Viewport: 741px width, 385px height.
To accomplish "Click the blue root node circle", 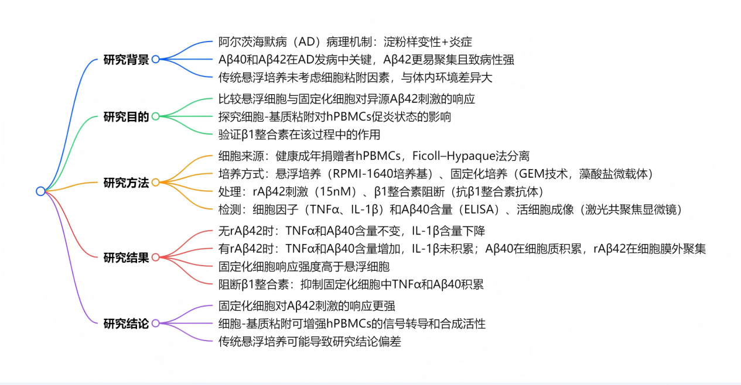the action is [x=40, y=191].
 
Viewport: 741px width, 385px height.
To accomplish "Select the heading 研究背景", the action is [x=126, y=60].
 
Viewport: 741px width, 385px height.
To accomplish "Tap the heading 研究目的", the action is [x=126, y=116].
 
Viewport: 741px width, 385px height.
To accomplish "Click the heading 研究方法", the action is [x=126, y=183].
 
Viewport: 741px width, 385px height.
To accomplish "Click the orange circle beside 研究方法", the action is [x=155, y=182].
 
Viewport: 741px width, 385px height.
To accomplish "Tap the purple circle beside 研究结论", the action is [x=155, y=323].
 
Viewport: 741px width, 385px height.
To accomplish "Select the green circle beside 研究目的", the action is [x=155, y=116].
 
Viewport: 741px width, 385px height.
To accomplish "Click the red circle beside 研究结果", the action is [x=155, y=257].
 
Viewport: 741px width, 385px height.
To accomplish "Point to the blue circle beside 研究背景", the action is [x=155, y=59].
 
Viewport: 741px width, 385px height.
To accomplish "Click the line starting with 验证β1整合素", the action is [x=299, y=135].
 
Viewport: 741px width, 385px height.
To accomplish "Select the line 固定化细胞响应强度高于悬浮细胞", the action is [x=304, y=267].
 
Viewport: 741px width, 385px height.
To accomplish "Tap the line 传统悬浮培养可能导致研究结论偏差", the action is [x=310, y=342].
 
